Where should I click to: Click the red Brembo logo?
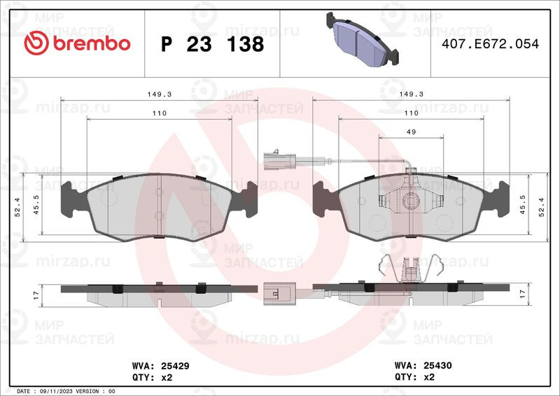click(x=77, y=43)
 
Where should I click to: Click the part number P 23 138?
click(x=212, y=44)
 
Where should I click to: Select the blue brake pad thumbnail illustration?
click(x=363, y=39)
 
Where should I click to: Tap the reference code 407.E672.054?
click(x=490, y=44)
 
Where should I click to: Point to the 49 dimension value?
click(x=411, y=132)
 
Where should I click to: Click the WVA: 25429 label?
click(x=161, y=366)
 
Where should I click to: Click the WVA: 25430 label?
click(x=423, y=365)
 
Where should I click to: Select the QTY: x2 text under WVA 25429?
click(x=152, y=377)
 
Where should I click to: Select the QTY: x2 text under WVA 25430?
click(x=414, y=376)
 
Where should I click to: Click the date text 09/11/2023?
click(x=53, y=391)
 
